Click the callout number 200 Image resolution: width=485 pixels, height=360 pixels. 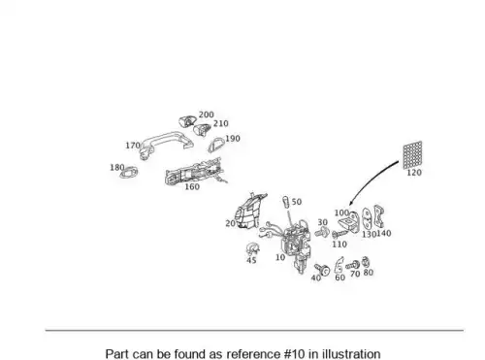pyautogui.click(x=206, y=115)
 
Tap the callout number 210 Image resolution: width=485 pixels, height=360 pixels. pyautogui.click(x=221, y=123)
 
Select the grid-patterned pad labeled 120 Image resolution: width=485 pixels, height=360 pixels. pyautogui.click(x=412, y=154)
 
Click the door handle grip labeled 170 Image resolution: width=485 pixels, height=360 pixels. pyautogui.click(x=165, y=143)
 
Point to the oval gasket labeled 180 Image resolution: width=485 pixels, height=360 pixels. pyautogui.click(x=129, y=173)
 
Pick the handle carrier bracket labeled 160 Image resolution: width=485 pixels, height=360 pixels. pyautogui.click(x=194, y=172)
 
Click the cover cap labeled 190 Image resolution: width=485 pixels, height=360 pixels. pyautogui.click(x=215, y=145)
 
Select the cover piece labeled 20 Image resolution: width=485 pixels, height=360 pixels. pyautogui.click(x=249, y=211)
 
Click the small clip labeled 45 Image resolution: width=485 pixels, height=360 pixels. pyautogui.click(x=252, y=249)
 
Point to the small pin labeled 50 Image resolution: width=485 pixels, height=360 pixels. pyautogui.click(x=286, y=202)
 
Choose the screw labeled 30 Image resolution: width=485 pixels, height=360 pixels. pyautogui.click(x=322, y=232)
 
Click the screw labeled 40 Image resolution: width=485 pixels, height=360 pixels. pyautogui.click(x=322, y=269)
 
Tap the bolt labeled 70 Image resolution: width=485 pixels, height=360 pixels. pyautogui.click(x=353, y=266)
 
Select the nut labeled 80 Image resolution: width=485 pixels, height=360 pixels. pyautogui.click(x=366, y=262)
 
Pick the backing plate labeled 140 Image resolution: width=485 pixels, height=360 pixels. pyautogui.click(x=378, y=216)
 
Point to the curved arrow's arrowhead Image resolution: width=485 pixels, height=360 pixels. pyautogui.click(x=351, y=204)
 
